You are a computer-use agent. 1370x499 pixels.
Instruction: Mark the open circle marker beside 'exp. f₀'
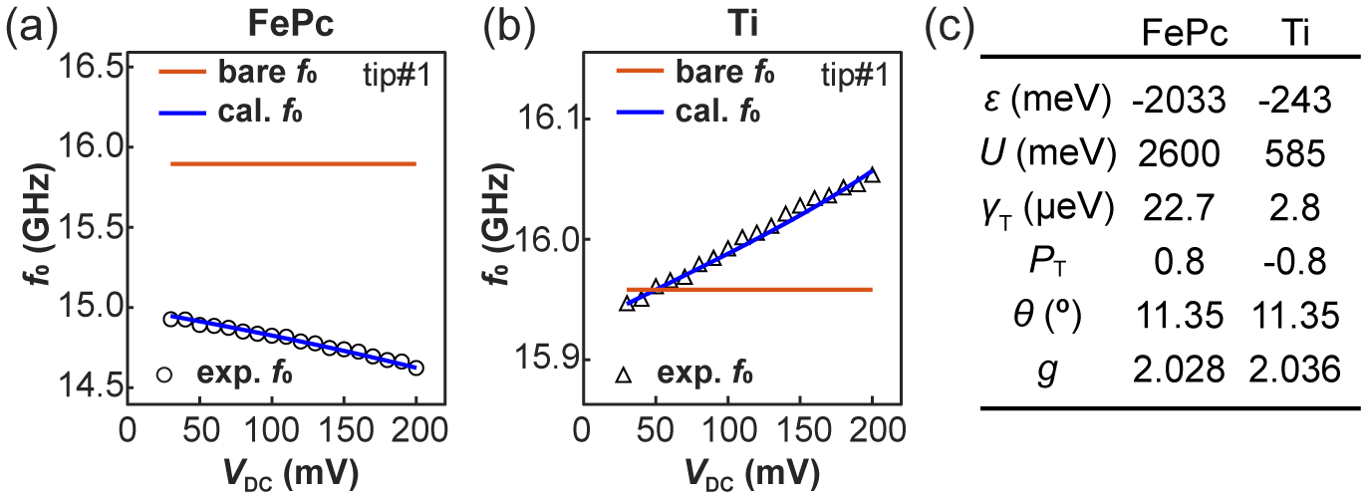click(165, 375)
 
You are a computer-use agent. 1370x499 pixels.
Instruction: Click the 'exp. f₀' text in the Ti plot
click(704, 375)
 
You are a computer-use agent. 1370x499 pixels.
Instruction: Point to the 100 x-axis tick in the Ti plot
click(727, 431)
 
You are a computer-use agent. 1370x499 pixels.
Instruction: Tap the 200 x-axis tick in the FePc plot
click(416, 431)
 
